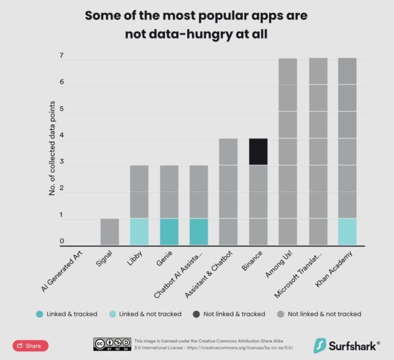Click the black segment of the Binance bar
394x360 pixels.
tap(258, 151)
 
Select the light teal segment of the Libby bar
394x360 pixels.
tap(140, 231)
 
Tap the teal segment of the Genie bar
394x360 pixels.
tap(170, 231)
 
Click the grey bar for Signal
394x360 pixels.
tap(109, 231)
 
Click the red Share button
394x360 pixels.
tap(30, 346)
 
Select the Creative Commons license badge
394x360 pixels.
tap(112, 344)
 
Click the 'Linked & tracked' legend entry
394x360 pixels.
tap(71, 314)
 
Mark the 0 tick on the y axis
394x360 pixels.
tap(62, 241)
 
